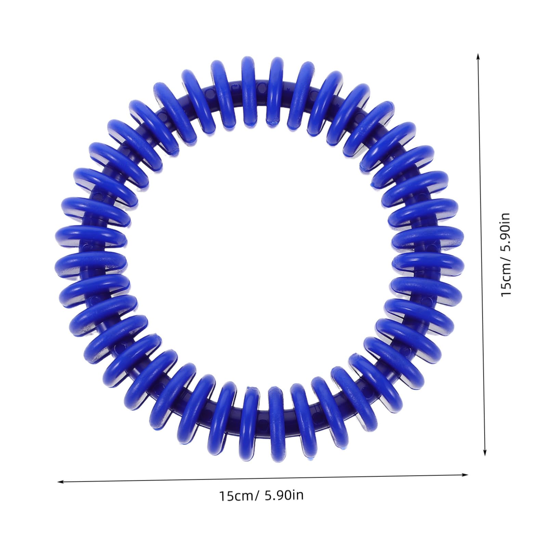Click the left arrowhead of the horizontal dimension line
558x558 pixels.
(60, 482)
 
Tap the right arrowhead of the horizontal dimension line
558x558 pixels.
(465, 475)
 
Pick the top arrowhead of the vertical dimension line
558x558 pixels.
(479, 56)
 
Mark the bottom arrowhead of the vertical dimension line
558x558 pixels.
(484, 452)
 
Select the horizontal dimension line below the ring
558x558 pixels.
(263, 478)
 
